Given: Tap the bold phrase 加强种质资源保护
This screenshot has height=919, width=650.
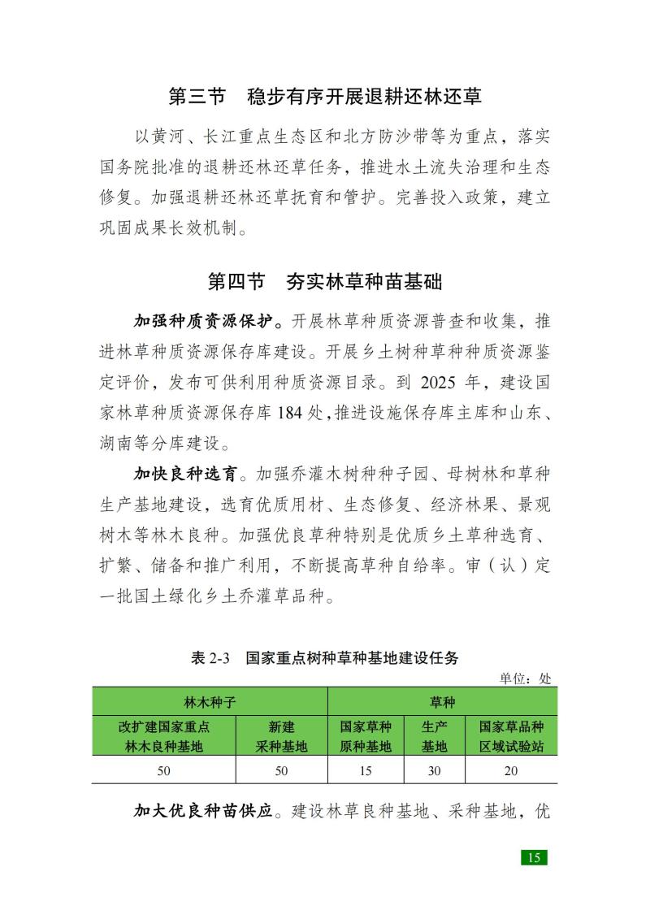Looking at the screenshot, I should pos(209,319).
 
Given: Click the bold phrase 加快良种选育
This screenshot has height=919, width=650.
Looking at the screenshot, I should pos(192,475).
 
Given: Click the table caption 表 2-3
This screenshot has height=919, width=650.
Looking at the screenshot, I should pos(211,659).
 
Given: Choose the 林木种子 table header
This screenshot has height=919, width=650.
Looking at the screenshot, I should pos(210,700).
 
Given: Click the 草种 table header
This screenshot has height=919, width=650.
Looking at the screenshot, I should pos(443,700).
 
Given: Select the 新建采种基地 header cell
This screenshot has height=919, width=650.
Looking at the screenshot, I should pos(281,736).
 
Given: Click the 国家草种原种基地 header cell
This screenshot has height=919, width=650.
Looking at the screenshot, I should pos(366,736).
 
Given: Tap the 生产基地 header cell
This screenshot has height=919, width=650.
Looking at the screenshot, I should pos(434,736).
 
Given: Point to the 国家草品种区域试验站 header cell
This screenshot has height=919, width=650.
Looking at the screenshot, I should pos(511,736).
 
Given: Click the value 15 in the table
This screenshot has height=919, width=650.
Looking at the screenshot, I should pos(366,770).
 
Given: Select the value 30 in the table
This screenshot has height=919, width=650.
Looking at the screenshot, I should pos(434,770).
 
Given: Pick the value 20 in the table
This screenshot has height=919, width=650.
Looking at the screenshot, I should pos(511,770).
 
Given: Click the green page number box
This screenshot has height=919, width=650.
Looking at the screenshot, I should pos(534,857).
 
